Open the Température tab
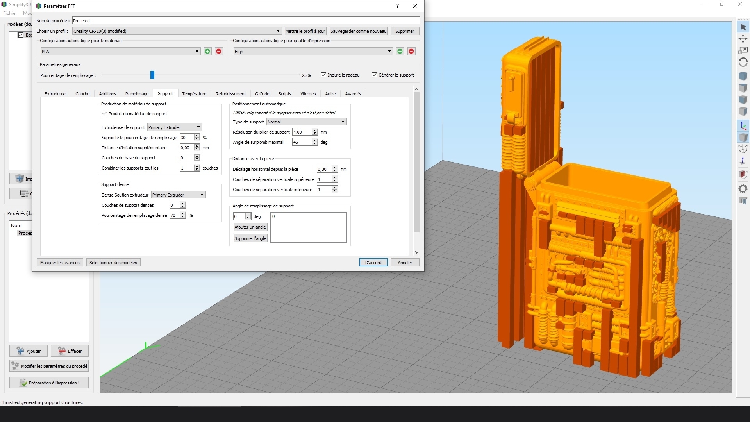pos(194,94)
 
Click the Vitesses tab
pos(308,94)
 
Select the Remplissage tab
pos(137,94)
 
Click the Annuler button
pos(405,263)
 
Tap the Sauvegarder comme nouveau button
pos(358,31)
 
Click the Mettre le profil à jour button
pos(305,31)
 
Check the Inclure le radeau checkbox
pos(323,75)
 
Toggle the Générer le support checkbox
pos(374,75)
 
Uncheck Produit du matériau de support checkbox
pos(104,114)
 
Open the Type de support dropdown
pos(306,122)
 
